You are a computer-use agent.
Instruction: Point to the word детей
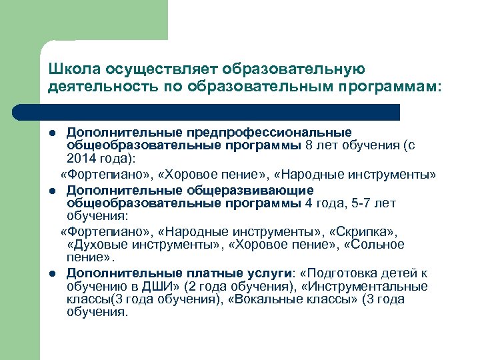point(403,273)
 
